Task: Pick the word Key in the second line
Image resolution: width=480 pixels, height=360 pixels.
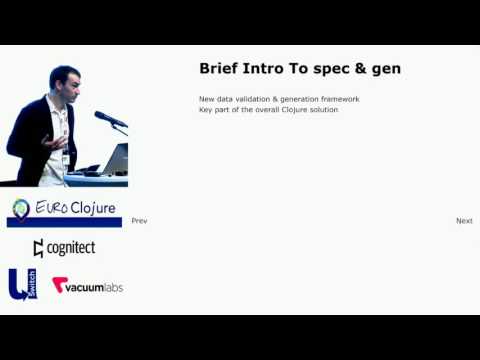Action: (206, 109)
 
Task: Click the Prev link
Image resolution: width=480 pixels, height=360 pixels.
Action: (139, 221)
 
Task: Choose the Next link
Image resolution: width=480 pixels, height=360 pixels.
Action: (464, 221)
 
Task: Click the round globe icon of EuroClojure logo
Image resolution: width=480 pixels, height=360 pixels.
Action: (21, 209)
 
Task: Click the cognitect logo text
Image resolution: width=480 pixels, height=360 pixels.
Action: (66, 248)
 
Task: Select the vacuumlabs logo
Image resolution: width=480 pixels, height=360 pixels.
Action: (88, 286)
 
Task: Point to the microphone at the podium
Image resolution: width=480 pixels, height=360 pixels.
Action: (109, 119)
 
